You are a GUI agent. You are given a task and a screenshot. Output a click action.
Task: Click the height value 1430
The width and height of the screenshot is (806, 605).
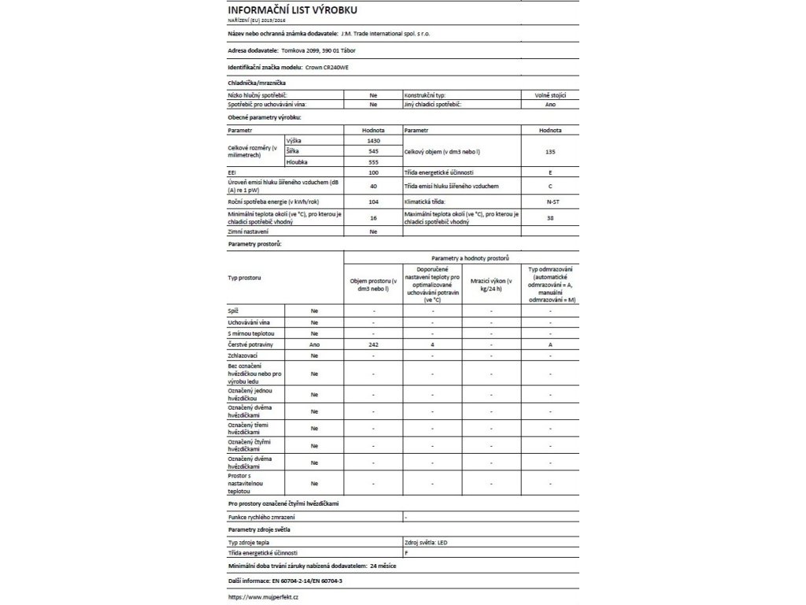pos(373,139)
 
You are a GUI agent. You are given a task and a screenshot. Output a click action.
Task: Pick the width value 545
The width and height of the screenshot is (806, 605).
pos(373,150)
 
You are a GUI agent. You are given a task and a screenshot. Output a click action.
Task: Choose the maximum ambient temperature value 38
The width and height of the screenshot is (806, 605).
pos(550,217)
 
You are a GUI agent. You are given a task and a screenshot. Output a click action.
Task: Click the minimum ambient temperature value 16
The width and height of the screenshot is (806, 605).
pos(373,217)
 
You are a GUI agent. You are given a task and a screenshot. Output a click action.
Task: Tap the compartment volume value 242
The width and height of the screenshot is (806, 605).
pos(373,345)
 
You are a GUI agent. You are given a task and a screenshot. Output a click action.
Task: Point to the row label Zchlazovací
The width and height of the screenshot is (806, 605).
pos(243,356)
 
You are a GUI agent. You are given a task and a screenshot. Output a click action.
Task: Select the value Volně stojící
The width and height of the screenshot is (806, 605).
pos(550,95)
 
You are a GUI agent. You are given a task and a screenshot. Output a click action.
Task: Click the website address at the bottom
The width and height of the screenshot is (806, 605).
pos(262,597)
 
